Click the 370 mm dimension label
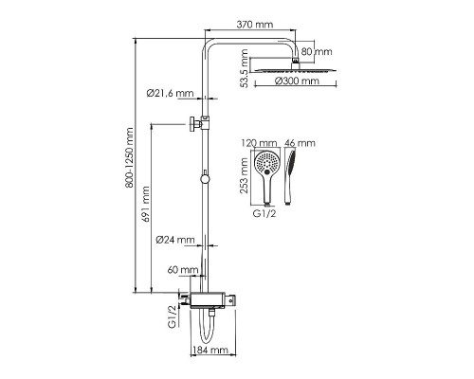coord(255,24)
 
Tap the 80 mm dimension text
coord(317,51)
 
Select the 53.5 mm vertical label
coord(244,68)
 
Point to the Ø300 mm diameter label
coord(297,81)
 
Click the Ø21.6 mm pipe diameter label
coord(170,93)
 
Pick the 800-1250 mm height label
coord(129,158)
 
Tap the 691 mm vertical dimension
coord(145,204)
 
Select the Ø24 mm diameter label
coord(175,240)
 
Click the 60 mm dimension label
coord(183,270)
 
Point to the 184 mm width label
coord(210,350)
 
